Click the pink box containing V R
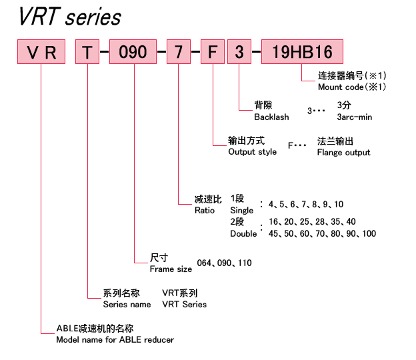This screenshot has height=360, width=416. click(41, 52)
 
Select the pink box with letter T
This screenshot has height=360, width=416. click(87, 52)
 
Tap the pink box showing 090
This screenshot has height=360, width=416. click(133, 52)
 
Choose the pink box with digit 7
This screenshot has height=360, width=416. click(179, 52)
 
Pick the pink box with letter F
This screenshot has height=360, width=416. click(213, 52)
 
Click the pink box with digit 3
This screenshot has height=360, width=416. click(239, 52)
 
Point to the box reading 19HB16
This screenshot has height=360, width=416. click(302, 52)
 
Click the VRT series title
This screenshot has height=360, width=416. click(70, 17)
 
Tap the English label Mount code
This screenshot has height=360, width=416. click(341, 87)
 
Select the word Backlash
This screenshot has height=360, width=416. click(271, 117)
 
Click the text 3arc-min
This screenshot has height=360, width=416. click(355, 117)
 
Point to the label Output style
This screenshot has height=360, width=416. click(252, 152)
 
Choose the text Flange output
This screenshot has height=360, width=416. click(343, 153)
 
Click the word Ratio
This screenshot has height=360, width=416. click(205, 211)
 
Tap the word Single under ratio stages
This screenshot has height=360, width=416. click(242, 211)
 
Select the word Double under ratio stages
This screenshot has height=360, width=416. click(243, 234)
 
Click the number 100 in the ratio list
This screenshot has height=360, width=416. click(369, 233)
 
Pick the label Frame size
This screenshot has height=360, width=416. click(171, 269)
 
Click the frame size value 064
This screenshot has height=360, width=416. click(204, 263)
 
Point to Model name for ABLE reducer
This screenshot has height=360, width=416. click(115, 339)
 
